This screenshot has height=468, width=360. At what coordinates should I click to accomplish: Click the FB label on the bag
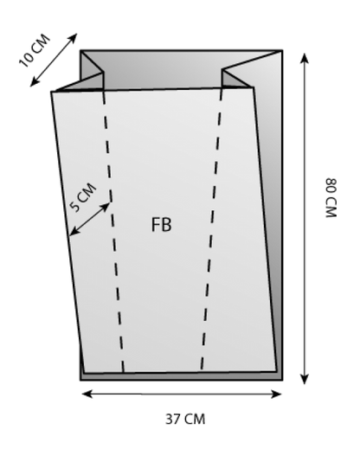[x=162, y=225]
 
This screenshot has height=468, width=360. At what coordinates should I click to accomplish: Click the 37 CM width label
[x=185, y=419]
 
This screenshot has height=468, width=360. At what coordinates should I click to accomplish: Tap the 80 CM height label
[x=331, y=198]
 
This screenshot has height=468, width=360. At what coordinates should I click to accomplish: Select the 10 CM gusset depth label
[x=35, y=50]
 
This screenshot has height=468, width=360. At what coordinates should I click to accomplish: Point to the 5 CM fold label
[x=83, y=197]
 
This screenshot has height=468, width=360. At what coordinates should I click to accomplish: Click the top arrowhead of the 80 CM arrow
[x=304, y=58]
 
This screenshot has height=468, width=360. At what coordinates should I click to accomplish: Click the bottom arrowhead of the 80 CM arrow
[x=304, y=379]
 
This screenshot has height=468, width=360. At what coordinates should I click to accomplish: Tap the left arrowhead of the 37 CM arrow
[x=87, y=394]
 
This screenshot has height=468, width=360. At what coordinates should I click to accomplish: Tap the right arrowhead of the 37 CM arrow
[x=276, y=394]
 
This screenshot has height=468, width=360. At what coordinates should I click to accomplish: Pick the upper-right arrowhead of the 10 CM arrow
[x=73, y=37]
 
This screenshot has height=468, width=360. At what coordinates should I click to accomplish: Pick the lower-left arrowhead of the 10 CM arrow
[x=35, y=82]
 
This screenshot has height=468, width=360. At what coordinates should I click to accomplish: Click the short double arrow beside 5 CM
[x=90, y=219]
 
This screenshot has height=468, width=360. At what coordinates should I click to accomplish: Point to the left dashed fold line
[x=112, y=230]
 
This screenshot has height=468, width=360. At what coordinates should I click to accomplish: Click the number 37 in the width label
[x=172, y=419]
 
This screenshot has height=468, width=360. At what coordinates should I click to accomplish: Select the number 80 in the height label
[x=331, y=186]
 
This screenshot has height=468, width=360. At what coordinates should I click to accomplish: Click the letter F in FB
[x=155, y=225]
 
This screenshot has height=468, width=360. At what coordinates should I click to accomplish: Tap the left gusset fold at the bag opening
[x=92, y=70]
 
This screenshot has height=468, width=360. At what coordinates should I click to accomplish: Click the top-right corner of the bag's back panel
[x=282, y=51]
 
